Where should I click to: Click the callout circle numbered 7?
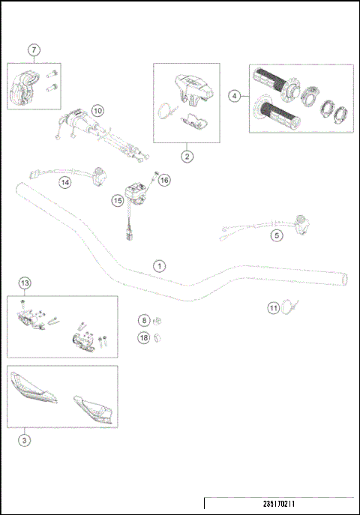click(34, 50)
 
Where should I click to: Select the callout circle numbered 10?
click(98, 110)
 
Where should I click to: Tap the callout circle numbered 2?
click(187, 156)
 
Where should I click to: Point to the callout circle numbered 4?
click(235, 96)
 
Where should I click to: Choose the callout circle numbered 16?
click(164, 180)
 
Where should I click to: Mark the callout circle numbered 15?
click(118, 200)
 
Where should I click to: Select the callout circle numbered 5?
click(277, 235)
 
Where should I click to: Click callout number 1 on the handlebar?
click(158, 265)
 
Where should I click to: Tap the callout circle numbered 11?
click(274, 307)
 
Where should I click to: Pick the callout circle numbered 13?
click(25, 283)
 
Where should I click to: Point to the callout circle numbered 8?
click(143, 320)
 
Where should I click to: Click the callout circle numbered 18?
click(143, 338)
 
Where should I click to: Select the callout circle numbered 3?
click(25, 441)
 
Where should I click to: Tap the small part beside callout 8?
click(158, 320)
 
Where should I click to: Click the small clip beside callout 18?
click(158, 338)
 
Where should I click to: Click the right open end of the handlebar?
click(344, 279)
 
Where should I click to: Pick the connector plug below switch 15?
click(130, 232)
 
